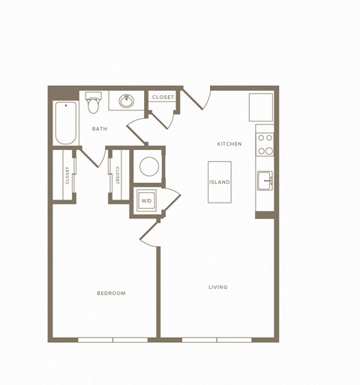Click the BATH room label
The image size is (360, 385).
[100, 129]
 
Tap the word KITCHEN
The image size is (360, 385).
[229, 143]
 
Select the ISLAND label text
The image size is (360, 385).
[220, 182]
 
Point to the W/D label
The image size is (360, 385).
[145, 201]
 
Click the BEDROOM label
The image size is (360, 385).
[111, 293]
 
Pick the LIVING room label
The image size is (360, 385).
[218, 287]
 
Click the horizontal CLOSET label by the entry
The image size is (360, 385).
[163, 98]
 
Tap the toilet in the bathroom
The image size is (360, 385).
[94, 101]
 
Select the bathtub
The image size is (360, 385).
[65, 124]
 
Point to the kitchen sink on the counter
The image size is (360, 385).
[264, 180]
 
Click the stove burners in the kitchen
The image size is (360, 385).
[265, 143]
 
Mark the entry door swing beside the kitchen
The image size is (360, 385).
[196, 97]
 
